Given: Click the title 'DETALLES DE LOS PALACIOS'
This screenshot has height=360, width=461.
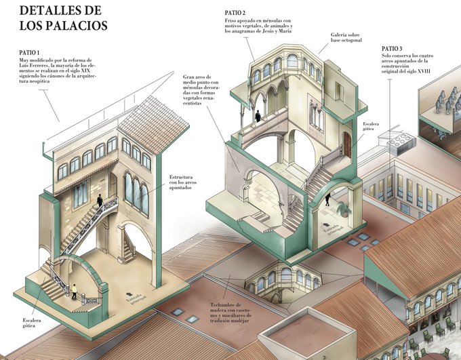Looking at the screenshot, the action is coord(63,18).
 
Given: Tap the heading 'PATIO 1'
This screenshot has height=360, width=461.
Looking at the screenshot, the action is coord(29,53).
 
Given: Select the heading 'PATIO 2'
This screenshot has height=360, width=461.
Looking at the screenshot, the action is coord(235,13).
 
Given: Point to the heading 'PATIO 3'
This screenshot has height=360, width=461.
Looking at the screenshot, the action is coord(392,49).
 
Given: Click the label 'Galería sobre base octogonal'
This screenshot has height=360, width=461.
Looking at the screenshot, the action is coord(346,37).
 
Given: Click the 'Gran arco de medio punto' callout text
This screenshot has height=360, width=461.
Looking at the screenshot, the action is coord(201,90).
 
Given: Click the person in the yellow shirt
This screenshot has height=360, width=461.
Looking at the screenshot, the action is coord(75,292).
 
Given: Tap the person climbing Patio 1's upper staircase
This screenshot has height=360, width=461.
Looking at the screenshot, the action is coord(100,200).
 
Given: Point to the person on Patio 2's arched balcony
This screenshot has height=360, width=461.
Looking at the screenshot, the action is coord(258,116).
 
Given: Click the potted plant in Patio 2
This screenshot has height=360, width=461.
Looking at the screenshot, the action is coord(344,209).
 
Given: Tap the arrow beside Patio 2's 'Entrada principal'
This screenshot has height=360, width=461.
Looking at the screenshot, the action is coord(326,225).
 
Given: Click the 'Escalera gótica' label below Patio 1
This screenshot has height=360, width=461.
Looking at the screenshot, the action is coord(32,323).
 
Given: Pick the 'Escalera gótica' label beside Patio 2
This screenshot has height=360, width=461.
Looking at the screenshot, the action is coord(371,127).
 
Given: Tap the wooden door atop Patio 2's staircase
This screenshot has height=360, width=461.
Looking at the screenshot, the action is coord(347,144).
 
